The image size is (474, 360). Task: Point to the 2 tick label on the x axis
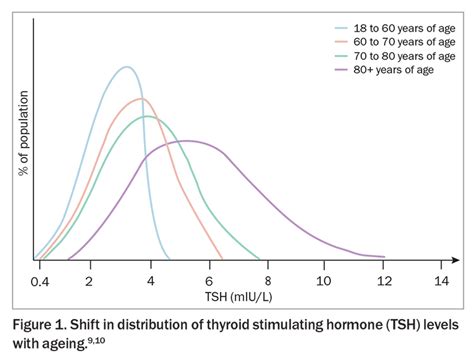tap(89, 281)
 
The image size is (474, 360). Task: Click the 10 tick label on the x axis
tap(323, 281)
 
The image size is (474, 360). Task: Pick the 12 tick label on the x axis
tap(383, 281)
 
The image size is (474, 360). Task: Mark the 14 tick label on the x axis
tap(441, 281)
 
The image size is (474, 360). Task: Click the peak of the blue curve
tap(126, 67)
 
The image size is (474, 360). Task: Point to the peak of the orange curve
tap(140, 98)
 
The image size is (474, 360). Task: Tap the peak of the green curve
tap(148, 116)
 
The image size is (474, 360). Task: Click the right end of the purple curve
tap(384, 257)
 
